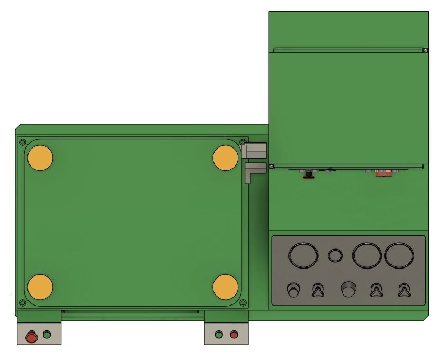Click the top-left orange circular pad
(40, 158)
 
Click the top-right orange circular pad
(226, 158)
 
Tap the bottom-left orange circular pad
(40, 287)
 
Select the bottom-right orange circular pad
(226, 287)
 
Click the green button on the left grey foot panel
(47, 335)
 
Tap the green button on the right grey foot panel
(219, 335)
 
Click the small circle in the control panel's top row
(335, 256)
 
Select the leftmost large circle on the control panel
(303, 255)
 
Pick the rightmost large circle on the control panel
(399, 255)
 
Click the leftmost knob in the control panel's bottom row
(293, 290)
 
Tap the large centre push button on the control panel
(348, 289)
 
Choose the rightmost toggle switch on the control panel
(404, 290)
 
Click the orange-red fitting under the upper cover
(383, 172)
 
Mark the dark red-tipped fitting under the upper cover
(307, 175)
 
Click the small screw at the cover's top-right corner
(425, 50)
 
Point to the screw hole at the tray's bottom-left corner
(22, 303)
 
